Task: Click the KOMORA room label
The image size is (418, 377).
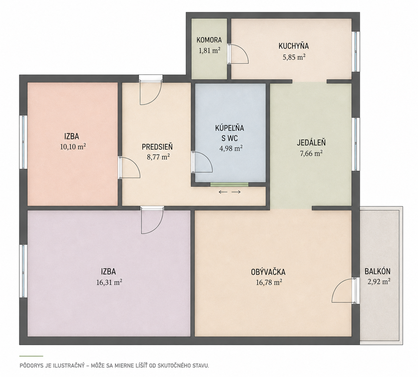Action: pos(209,40)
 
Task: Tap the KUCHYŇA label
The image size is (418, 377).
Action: pos(294,46)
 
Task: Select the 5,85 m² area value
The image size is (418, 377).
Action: pos(294,57)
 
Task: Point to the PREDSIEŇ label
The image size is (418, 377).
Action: pos(157,147)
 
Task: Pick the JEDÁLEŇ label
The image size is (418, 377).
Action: pos(311,143)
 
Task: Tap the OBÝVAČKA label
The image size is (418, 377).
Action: pos(268,272)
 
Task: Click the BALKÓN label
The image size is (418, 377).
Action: pos(377,271)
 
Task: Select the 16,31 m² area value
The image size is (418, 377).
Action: pos(109,282)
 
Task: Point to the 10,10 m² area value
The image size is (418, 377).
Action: pos(73,147)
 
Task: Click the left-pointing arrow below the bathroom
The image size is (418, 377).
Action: pos(223,192)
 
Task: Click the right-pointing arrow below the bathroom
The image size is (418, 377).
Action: pos(236,192)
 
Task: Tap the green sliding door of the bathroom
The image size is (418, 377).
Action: pos(230,184)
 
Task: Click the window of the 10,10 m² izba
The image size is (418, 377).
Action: pos(23,142)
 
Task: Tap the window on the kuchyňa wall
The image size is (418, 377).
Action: pos(356,52)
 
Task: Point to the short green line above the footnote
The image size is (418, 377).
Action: pos(31,356)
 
